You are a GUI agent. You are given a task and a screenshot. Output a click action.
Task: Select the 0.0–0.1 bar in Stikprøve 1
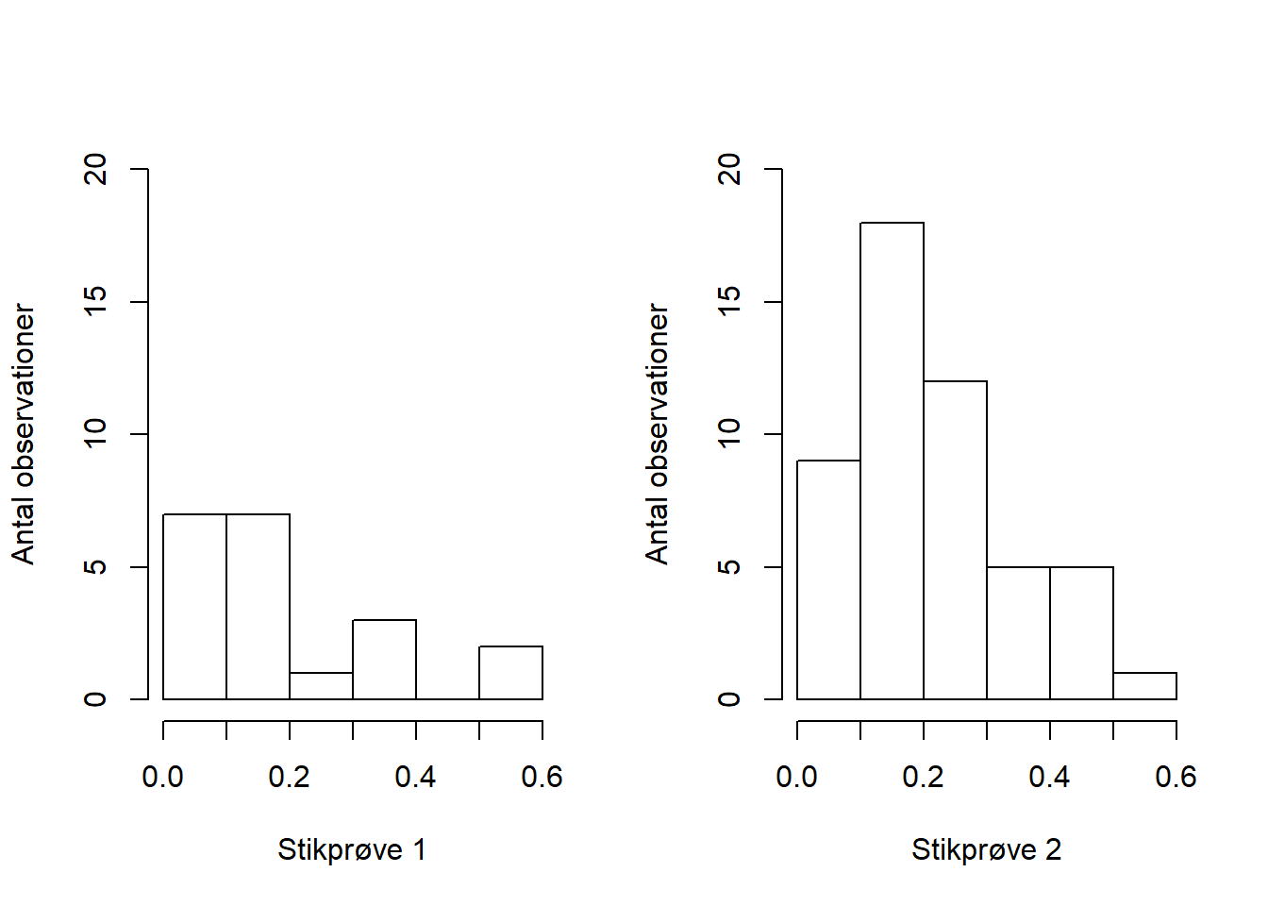point(194,607)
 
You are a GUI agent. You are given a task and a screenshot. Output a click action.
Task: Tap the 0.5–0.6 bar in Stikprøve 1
point(510,673)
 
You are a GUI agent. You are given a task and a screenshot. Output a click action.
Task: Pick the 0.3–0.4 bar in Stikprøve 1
point(384,660)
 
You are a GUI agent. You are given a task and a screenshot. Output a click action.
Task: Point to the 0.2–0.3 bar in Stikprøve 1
point(321,686)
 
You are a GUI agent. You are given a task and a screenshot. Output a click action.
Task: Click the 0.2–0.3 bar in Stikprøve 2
point(955,540)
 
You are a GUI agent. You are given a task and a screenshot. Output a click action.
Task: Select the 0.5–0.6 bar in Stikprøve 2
point(1144,686)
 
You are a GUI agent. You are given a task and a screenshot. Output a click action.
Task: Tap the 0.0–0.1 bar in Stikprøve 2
point(828,579)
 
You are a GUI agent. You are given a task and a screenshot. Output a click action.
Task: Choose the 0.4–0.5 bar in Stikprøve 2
point(1081,633)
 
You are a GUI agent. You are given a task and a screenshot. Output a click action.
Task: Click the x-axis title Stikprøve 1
point(352,850)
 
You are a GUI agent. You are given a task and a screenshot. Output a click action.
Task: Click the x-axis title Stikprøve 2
point(986,850)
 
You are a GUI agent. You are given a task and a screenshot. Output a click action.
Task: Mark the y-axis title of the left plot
point(24,434)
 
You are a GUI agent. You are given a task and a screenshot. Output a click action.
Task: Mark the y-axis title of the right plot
point(658,434)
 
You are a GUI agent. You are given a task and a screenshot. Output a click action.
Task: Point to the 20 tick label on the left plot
point(96,170)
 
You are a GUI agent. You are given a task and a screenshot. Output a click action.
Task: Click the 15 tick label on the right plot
point(730,302)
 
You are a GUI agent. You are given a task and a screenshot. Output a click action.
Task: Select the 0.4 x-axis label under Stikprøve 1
point(415,777)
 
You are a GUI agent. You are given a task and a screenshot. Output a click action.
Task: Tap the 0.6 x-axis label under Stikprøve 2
point(1176,777)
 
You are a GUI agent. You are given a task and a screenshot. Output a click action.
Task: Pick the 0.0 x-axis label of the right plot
point(796,777)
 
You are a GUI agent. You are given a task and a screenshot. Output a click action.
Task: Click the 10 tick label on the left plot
point(96,434)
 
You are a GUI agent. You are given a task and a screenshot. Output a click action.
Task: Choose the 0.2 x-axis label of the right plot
point(923,777)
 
